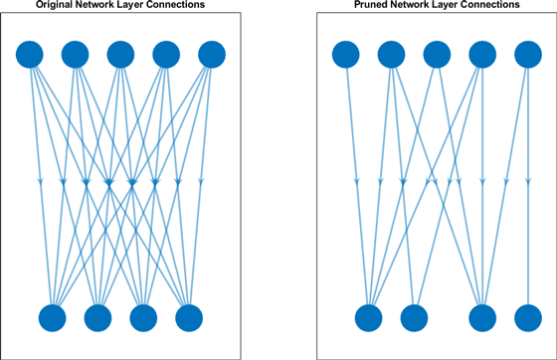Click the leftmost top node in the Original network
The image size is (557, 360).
[x=30, y=54]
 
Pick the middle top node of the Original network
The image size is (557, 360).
[x=121, y=54]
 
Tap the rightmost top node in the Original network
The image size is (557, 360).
[x=212, y=54]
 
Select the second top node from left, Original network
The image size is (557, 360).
[x=76, y=54]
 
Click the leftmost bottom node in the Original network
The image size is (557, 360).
[x=53, y=318]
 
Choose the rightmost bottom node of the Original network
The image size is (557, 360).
[x=189, y=318]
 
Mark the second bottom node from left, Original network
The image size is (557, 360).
[x=98, y=318]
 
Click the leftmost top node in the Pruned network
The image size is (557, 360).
[x=345, y=54]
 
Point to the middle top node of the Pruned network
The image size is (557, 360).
[x=437, y=54]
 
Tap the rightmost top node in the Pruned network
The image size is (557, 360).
[x=527, y=54]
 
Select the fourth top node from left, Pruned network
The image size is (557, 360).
[x=482, y=54]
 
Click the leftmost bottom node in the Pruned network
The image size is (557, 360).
[x=368, y=318]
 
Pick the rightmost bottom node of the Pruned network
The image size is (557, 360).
[x=527, y=318]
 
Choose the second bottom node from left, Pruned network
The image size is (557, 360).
[x=414, y=318]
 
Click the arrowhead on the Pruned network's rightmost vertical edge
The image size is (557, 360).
[x=527, y=182]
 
